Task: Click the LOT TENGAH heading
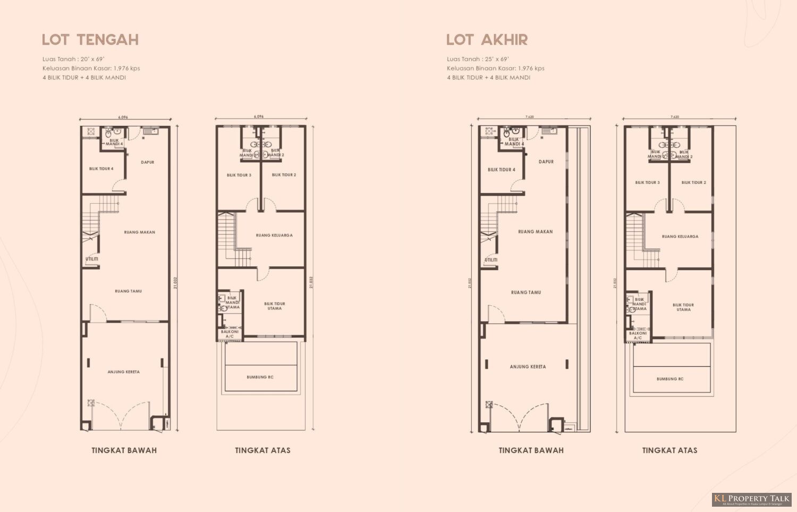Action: click(x=90, y=40)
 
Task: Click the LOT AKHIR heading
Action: click(x=487, y=40)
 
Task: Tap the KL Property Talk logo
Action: click(x=751, y=499)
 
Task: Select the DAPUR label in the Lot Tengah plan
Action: click(x=148, y=162)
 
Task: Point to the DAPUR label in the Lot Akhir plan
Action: click(x=546, y=162)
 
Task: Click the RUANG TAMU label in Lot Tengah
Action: click(x=129, y=291)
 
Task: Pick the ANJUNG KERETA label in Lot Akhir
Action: click(x=528, y=367)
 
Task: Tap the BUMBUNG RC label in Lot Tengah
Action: click(x=260, y=377)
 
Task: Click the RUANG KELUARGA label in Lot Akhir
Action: click(x=680, y=237)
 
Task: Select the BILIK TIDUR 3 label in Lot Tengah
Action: click(x=239, y=175)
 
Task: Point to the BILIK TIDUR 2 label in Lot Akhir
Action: click(x=694, y=182)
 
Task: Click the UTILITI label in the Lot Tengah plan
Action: click(x=92, y=259)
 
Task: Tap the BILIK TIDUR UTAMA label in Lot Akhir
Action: click(x=684, y=307)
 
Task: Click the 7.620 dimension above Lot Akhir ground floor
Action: click(x=529, y=116)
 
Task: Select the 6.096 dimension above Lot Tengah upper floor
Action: click(x=259, y=116)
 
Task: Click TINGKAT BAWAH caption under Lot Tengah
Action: click(x=124, y=450)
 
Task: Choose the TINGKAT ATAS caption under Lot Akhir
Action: click(x=669, y=450)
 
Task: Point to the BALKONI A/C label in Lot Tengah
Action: click(x=230, y=334)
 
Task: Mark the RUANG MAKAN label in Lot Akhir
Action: click(x=536, y=232)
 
